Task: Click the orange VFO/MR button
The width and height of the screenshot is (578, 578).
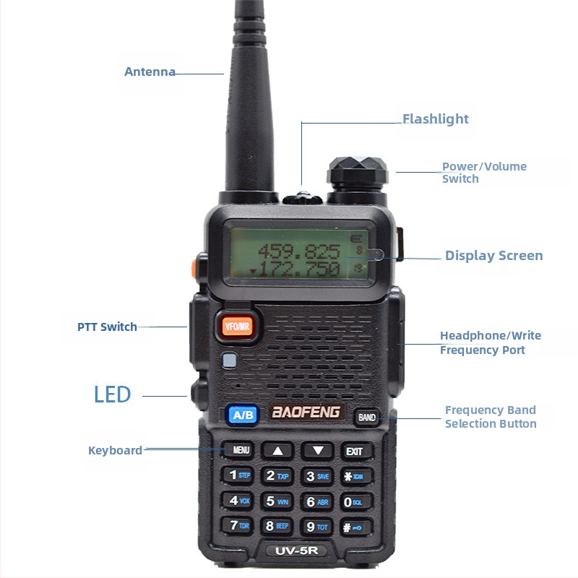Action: click(x=237, y=325)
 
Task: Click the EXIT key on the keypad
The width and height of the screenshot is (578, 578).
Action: click(x=355, y=451)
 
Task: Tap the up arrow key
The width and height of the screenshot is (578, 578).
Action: click(x=278, y=450)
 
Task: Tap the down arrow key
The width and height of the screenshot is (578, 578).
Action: click(x=317, y=450)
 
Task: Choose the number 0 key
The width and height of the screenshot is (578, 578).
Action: click(x=355, y=501)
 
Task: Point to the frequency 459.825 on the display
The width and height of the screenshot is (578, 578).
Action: click(x=299, y=251)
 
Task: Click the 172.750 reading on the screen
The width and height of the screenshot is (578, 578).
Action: click(x=299, y=269)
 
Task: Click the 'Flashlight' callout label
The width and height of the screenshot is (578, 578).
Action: click(x=435, y=119)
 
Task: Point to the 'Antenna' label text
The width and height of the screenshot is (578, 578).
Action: click(x=150, y=72)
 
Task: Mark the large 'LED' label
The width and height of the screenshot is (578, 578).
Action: click(x=112, y=394)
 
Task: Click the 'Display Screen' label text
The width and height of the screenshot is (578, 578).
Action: click(x=493, y=255)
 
